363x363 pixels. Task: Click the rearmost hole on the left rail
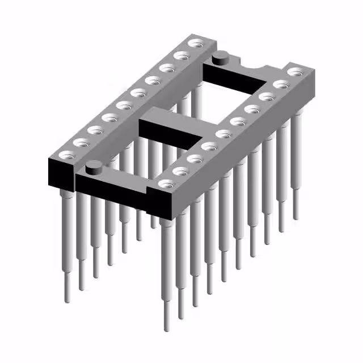197,43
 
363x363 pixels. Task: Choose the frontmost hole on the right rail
166,183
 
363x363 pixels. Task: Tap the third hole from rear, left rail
167,68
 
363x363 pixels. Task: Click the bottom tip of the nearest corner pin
166,328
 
